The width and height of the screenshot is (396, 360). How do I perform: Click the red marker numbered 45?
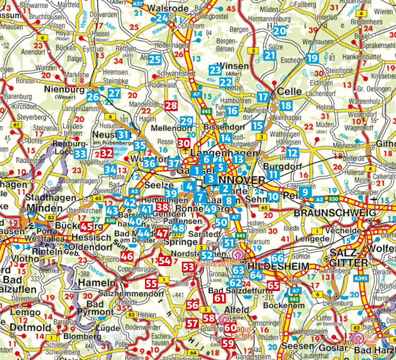[x=87, y=227]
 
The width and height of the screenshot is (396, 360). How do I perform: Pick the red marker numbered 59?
[x=228, y=343]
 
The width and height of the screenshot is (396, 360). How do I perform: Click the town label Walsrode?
[x=166, y=9]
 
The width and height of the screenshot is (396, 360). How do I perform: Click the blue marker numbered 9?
[x=304, y=192]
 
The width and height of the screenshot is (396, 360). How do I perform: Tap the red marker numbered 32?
[x=106, y=153]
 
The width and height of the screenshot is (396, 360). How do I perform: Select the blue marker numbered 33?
[x=80, y=154]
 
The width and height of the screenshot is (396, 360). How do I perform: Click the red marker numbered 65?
[x=273, y=286]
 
